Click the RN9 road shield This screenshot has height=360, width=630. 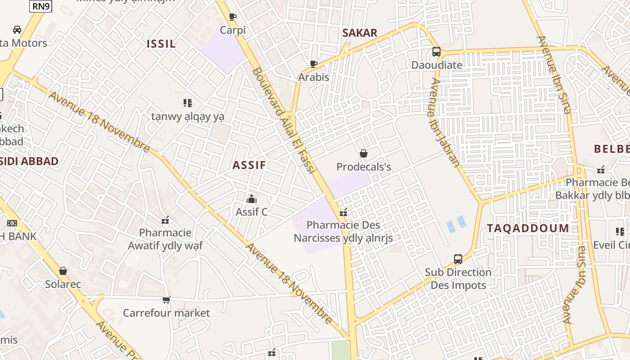[41, 6]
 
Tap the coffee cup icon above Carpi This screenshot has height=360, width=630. [233, 17]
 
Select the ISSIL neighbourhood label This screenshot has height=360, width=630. [161, 44]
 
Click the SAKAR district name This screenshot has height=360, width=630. [360, 33]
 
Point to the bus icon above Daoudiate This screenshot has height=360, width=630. [436, 52]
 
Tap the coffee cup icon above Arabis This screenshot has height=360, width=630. [314, 64]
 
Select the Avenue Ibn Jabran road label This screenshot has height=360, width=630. [444, 122]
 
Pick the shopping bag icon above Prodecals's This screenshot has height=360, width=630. [364, 154]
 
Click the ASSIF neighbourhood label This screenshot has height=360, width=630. [249, 165]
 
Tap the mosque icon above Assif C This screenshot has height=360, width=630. [252, 198]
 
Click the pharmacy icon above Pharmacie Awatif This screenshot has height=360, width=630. [165, 220]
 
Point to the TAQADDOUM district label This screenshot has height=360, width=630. [528, 228]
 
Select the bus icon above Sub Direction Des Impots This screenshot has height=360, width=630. [458, 259]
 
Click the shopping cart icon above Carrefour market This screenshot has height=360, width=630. [166, 300]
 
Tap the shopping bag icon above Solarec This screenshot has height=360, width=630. [63, 271]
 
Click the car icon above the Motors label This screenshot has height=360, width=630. [17, 30]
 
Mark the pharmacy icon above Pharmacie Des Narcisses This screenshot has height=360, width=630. [343, 212]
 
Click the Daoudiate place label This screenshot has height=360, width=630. [436, 65]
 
